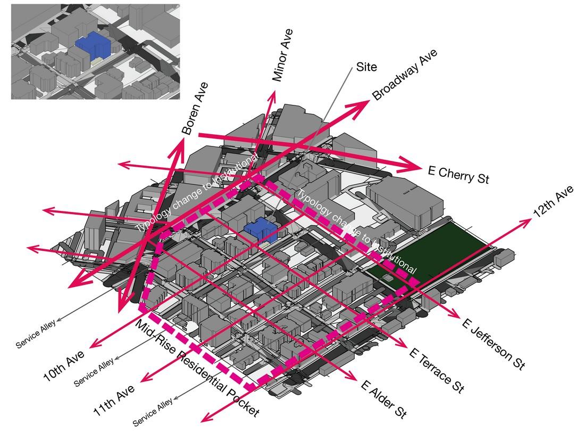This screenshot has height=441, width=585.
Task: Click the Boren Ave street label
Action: click(x=195, y=108)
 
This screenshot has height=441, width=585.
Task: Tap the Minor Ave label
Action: click(x=282, y=55)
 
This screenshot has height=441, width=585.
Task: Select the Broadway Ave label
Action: click(x=405, y=75)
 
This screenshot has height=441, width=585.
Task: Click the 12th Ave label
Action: click(x=554, y=201)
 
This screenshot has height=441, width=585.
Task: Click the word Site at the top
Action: click(x=366, y=67)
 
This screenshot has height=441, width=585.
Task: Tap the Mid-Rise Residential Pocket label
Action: click(x=197, y=368)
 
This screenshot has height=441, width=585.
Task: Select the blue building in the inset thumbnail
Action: click(x=94, y=45)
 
